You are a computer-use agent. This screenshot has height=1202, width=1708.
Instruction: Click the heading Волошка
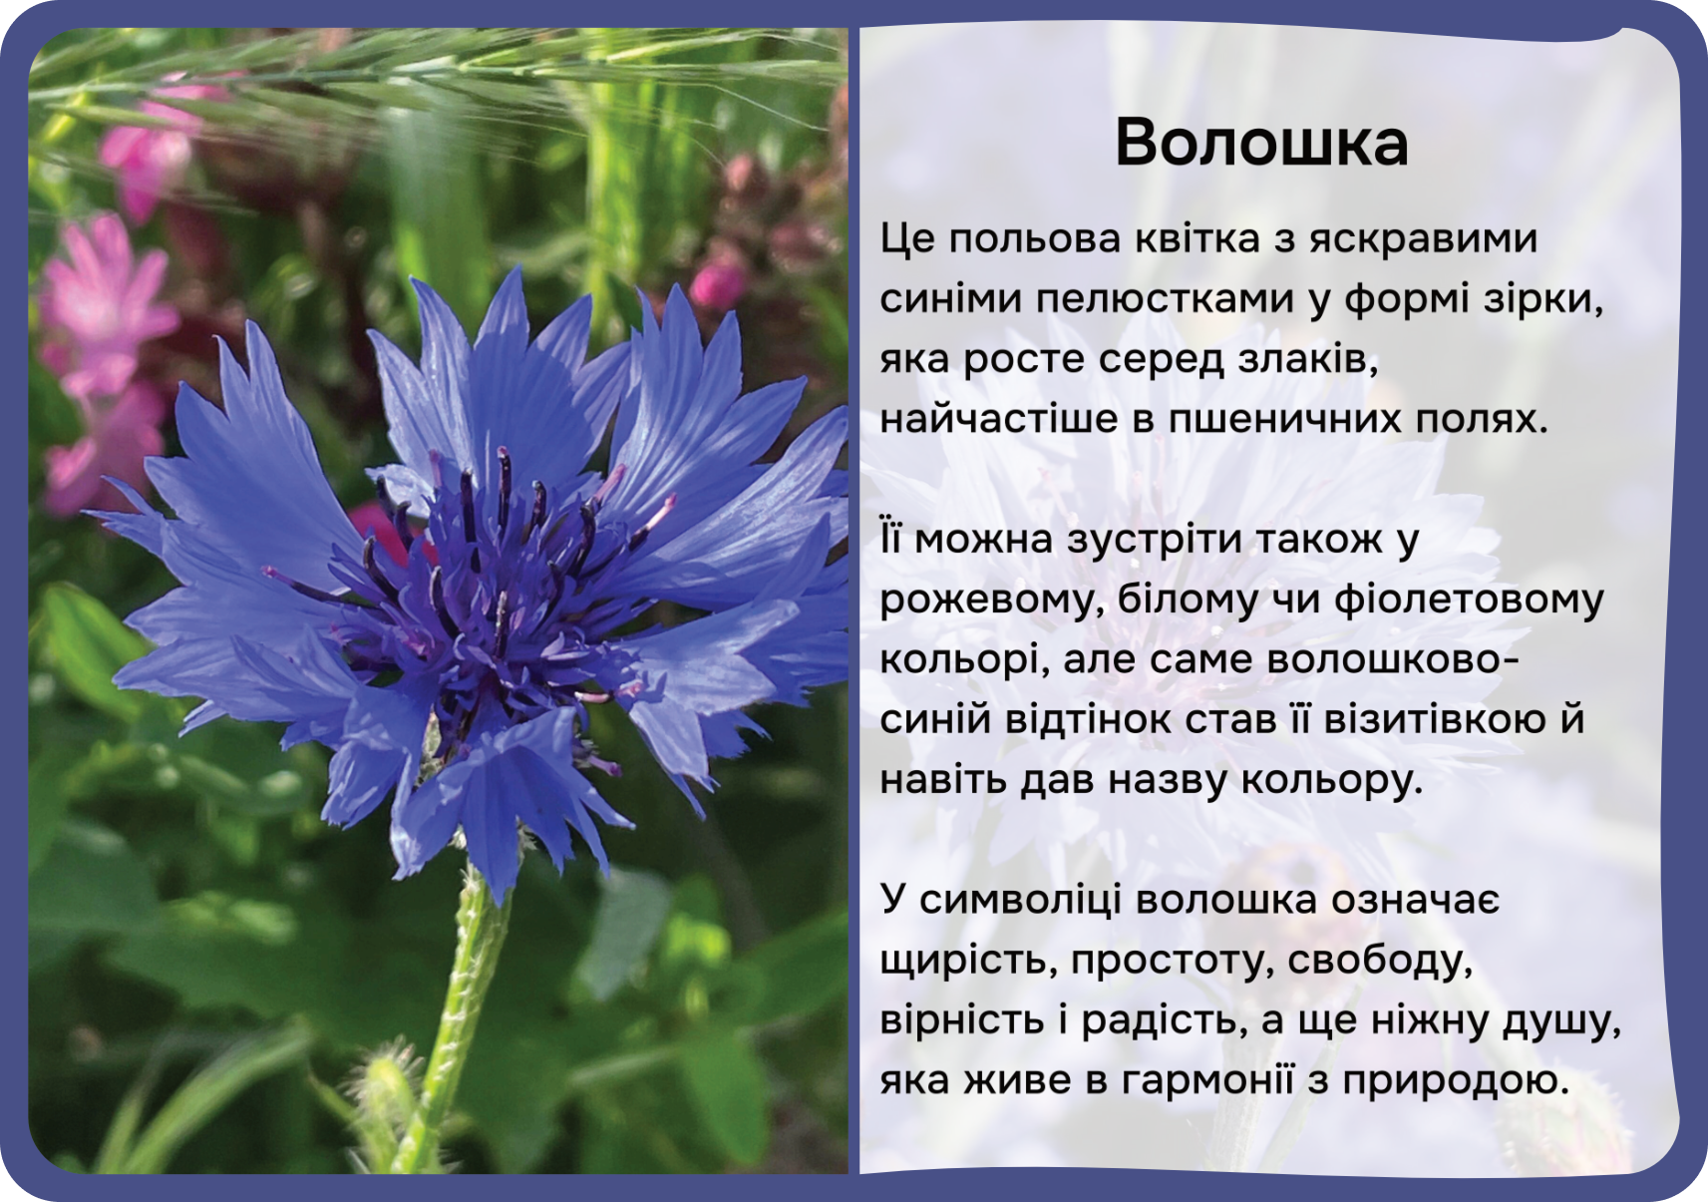point(1261,143)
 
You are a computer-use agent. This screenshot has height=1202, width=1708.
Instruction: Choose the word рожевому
point(993,601)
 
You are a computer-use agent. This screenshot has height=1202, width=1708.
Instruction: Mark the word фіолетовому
point(1470,600)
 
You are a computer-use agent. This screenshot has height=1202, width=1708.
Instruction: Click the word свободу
point(1380,961)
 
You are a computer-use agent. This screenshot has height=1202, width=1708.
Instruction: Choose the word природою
point(1455,1080)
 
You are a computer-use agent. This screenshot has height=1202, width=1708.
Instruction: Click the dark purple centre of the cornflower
point(488,595)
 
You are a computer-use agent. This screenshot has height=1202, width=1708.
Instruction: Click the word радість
point(1166,1020)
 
